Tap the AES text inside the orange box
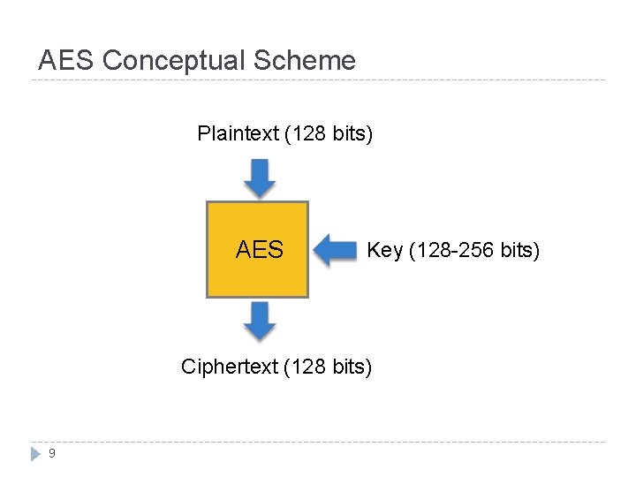260,250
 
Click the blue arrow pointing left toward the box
335,250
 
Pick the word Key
384,251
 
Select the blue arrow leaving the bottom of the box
259,321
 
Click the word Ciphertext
229,367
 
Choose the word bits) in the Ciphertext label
351,367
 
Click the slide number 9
52,453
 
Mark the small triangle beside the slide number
35,453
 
